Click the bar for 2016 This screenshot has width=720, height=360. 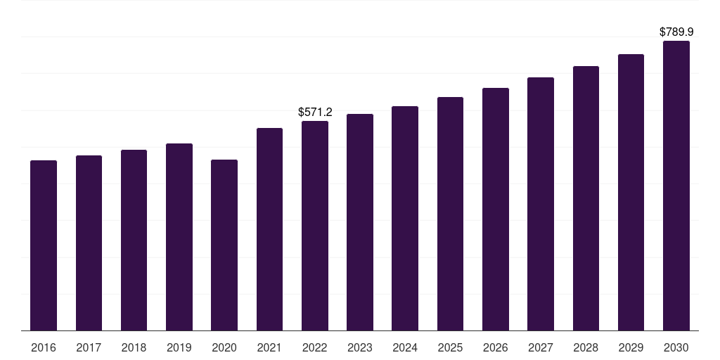44,245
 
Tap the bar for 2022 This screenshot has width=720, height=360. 315,226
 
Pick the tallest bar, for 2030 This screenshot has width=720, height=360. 676,186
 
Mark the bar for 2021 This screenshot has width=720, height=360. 269,229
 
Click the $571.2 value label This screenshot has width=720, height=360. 315,112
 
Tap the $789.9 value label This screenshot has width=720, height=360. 676,32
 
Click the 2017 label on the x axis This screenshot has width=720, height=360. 89,347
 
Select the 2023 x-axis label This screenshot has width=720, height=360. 360,347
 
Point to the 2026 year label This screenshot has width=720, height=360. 496,347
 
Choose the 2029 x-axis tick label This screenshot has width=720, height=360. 631,347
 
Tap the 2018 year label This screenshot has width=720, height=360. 134,347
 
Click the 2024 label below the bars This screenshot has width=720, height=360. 405,347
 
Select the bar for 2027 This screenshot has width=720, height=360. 541,204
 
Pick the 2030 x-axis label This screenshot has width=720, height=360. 676,347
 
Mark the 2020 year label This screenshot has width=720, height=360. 224,347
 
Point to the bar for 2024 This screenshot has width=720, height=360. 405,218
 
